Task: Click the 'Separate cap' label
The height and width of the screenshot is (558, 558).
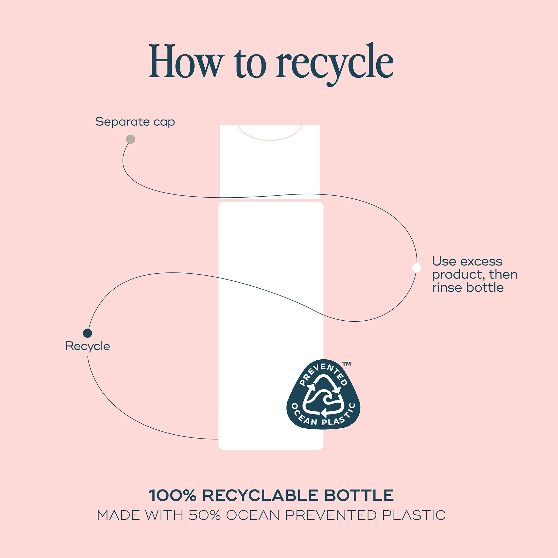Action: (135, 121)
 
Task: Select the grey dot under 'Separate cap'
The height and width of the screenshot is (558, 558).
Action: (131, 139)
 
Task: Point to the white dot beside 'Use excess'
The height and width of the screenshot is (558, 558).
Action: (417, 267)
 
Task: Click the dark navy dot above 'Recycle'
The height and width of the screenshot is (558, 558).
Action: (88, 333)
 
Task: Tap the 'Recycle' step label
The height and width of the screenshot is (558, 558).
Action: (88, 346)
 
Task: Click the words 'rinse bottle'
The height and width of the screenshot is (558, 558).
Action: (468, 288)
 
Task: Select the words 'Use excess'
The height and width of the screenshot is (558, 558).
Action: (467, 261)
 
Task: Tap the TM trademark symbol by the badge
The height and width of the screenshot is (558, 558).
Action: (346, 364)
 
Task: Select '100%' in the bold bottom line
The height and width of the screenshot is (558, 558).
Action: (172, 496)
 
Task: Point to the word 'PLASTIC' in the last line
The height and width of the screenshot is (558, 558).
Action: (414, 515)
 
